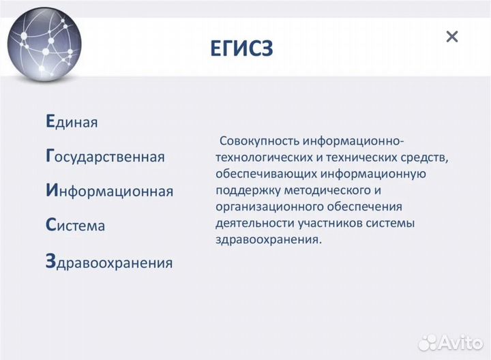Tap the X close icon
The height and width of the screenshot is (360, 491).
pos(451,37)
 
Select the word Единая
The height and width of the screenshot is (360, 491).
pos(72,122)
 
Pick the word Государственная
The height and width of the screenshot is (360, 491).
pos(104,156)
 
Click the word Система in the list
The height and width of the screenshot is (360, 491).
pos(75,225)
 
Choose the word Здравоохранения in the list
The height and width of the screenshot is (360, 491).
pos(108,262)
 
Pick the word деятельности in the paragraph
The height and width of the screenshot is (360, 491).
pos(246,223)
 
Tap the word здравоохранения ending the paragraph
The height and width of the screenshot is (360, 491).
pos(266,239)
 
